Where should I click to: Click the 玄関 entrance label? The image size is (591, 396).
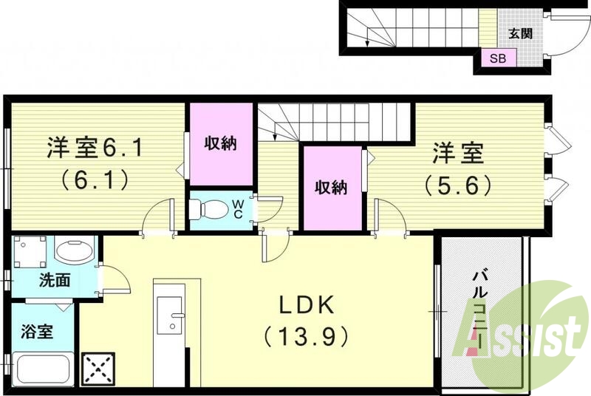(521, 33)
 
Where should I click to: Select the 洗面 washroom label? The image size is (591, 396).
(55, 281)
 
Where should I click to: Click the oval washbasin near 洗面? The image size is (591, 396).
(72, 251)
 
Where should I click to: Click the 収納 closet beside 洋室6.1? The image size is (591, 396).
(220, 144)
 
